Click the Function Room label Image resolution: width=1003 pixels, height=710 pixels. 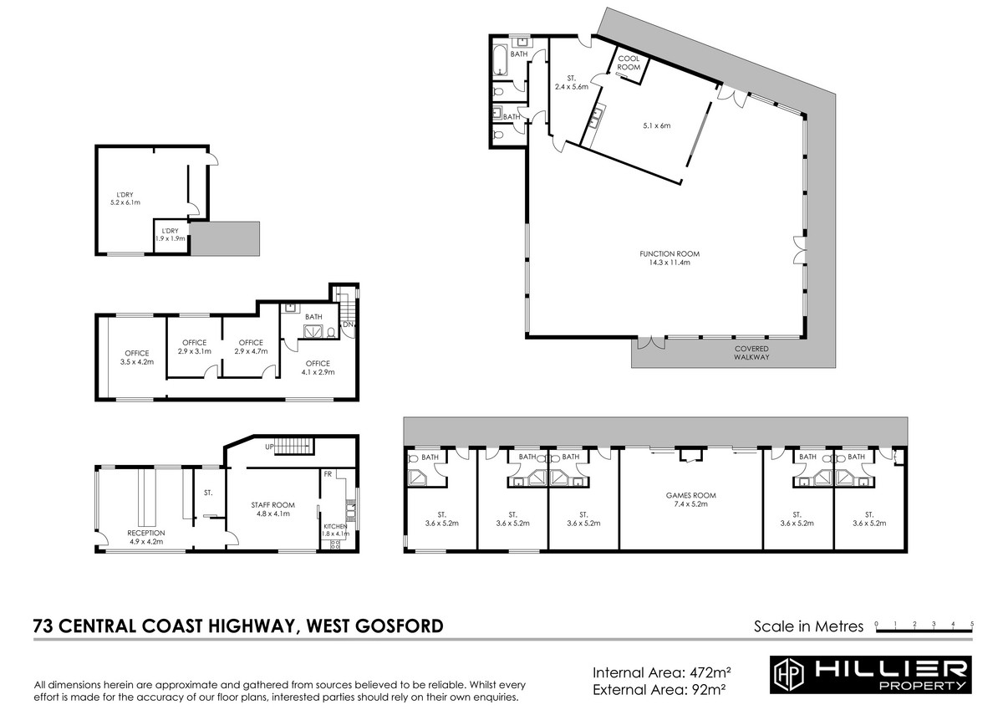[670, 258]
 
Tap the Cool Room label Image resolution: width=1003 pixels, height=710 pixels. [629, 63]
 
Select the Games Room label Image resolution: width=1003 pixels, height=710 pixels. [691, 499]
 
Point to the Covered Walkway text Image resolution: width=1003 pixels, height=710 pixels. [751, 353]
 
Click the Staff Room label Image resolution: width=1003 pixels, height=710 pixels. [272, 509]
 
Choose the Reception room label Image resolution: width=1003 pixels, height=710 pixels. [146, 537]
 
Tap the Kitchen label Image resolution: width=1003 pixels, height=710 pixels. [335, 530]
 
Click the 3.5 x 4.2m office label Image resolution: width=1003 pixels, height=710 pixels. [137, 357]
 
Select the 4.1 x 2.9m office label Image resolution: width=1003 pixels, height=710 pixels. [318, 368]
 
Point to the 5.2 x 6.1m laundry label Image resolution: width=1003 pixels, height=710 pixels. [125, 198]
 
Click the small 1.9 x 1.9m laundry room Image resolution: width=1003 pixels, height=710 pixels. [171, 236]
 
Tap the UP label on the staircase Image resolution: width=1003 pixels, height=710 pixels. [269, 447]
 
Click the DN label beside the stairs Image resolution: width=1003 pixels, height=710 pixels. [348, 324]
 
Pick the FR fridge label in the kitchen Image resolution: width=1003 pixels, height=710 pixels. [328, 474]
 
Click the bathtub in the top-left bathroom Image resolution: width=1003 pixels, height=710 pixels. [501, 60]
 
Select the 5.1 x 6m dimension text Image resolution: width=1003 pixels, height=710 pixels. [657, 126]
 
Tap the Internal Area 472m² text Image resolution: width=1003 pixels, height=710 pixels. [662, 672]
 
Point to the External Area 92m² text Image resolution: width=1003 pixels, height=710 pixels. [659, 689]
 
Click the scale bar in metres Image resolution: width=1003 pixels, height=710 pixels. [924, 631]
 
